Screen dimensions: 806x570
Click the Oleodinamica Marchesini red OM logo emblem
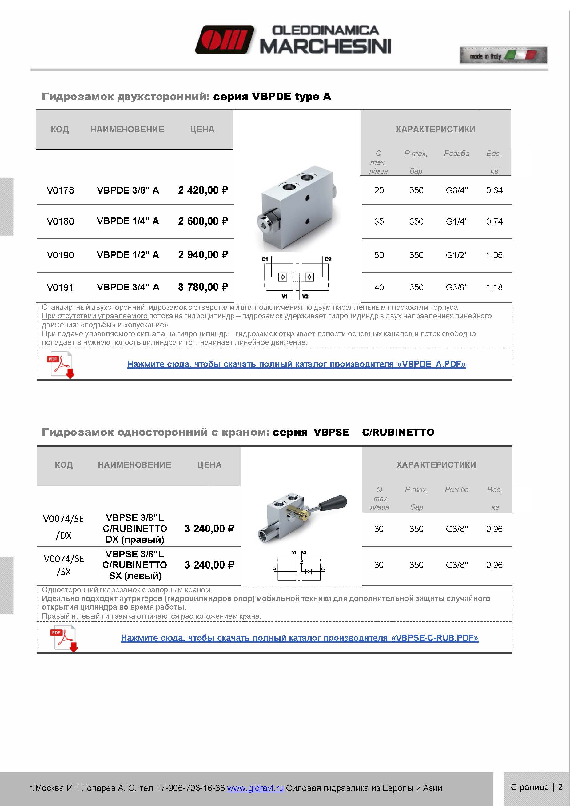point(225,39)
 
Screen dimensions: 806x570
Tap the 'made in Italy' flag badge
point(503,55)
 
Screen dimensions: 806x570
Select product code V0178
point(60,190)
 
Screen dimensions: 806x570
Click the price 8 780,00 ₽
point(203,287)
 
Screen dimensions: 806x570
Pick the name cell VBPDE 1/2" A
point(128,255)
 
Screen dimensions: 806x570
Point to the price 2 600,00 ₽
point(203,221)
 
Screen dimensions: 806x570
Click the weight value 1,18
point(494,288)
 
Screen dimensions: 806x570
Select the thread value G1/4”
point(456,221)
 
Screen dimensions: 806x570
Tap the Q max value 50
point(379,255)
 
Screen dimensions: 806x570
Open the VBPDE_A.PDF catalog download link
point(296,364)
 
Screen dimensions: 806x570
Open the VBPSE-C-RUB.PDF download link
point(299,638)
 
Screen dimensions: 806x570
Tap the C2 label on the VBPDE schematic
point(328,259)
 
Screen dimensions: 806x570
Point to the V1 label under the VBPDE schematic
point(284,297)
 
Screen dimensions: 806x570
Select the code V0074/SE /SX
point(64,565)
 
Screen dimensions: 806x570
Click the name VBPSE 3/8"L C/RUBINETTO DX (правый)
point(135,528)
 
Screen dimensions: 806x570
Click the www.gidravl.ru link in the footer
point(255,788)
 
